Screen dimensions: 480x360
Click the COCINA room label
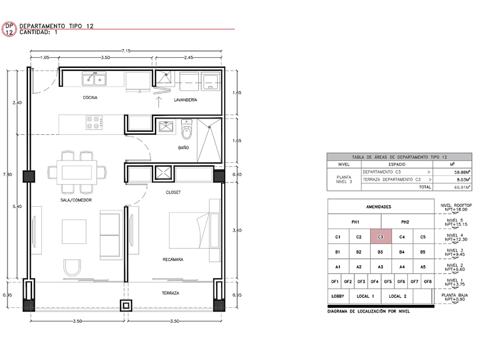90,98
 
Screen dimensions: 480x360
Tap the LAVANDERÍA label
186,100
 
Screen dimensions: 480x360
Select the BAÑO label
183,147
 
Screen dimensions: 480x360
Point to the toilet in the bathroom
186,129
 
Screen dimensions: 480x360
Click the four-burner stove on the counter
94,122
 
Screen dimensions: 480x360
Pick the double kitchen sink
94,79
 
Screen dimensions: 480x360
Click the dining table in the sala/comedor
77,172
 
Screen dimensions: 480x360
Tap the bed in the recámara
190,230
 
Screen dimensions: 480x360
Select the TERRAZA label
170,293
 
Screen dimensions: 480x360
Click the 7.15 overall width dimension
126,51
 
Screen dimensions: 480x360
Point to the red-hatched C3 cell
381,237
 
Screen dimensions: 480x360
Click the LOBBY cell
338,297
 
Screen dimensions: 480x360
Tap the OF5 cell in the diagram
387,282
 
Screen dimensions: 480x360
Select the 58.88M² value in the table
462,173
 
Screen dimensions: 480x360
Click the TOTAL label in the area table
425,187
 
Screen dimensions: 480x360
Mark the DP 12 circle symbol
9,29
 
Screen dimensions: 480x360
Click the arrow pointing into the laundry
159,102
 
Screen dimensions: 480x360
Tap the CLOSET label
173,192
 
